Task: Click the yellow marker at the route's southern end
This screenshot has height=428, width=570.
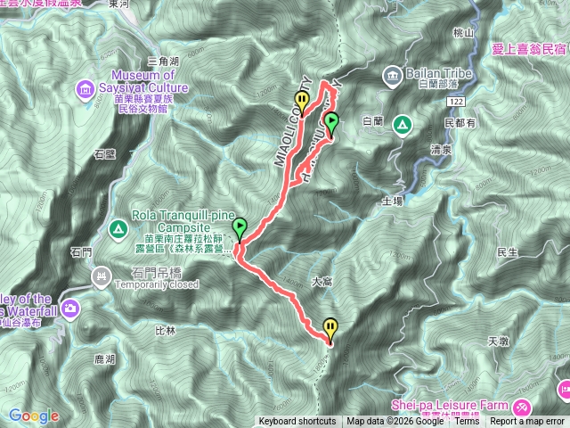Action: pyautogui.click(x=330, y=329)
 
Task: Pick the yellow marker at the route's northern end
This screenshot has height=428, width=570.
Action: pyautogui.click(x=303, y=101)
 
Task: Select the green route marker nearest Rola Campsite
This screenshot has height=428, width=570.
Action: pyautogui.click(x=240, y=229)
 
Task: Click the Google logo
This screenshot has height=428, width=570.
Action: pyautogui.click(x=34, y=416)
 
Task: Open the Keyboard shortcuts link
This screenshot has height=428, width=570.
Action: pyautogui.click(x=297, y=422)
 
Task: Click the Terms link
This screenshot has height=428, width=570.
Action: pyautogui.click(x=467, y=422)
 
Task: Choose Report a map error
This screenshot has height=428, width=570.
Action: pyautogui.click(x=528, y=422)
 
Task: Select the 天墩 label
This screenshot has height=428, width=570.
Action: pyautogui.click(x=498, y=342)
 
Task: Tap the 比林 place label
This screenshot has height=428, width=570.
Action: pyautogui.click(x=167, y=331)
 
